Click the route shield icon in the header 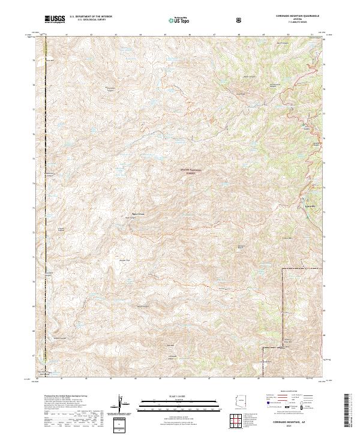pos(239,20)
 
